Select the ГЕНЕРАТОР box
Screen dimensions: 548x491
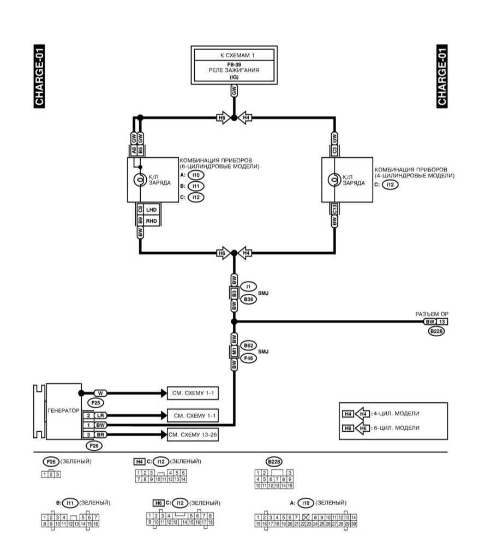tap(63, 410)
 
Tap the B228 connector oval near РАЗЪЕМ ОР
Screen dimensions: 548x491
tap(436, 331)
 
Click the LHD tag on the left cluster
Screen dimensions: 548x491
tap(151, 209)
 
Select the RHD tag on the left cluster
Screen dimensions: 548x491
tap(151, 221)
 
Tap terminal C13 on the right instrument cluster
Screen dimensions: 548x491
tap(334, 209)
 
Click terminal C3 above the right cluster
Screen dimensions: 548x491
tap(334, 150)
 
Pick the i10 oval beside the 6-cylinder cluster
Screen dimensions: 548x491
tap(196, 175)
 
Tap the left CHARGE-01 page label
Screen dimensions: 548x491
tap(39, 76)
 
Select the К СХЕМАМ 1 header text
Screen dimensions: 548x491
tap(233, 55)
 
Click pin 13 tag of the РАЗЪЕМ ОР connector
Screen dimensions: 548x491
tap(442, 322)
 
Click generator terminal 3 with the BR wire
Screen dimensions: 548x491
tap(88, 434)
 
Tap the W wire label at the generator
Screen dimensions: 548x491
tap(100, 393)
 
